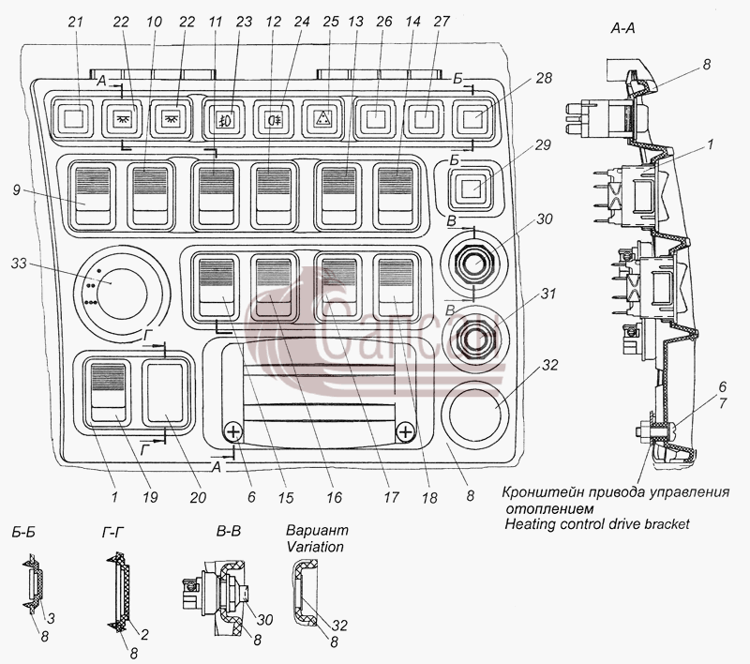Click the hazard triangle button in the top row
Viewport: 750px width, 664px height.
[x=322, y=118]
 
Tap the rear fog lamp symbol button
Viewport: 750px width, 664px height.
[x=273, y=118]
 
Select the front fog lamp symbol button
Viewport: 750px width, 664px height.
[x=223, y=118]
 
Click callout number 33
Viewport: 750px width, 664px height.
[x=19, y=264]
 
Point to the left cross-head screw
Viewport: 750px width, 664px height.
[x=232, y=432]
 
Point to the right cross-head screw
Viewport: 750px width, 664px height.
[x=405, y=432]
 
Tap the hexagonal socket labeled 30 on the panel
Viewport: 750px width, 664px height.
[x=474, y=264]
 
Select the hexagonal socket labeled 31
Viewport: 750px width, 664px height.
[x=474, y=339]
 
